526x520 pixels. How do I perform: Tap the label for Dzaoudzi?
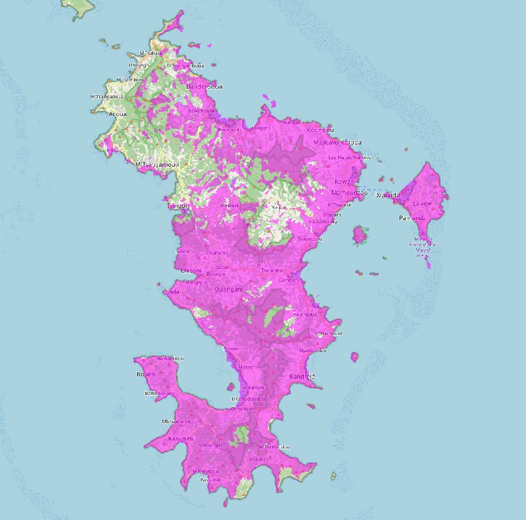point(388,195)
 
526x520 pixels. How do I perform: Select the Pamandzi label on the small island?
point(411,218)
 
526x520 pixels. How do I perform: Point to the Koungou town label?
point(320,130)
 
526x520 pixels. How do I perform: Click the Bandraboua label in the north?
point(204,86)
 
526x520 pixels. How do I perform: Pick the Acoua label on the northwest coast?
point(117,114)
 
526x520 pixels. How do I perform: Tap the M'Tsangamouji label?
point(157,165)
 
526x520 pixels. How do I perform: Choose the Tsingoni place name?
point(177,205)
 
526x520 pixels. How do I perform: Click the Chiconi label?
point(190,271)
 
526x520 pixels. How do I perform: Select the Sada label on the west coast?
point(172,292)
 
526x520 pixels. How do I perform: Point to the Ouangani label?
point(228,289)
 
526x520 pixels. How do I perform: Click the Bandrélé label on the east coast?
point(302,376)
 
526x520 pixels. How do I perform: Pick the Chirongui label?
point(241,408)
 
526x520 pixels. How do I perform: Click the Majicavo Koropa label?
point(337,142)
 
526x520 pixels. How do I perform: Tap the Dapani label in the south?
point(257,459)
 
